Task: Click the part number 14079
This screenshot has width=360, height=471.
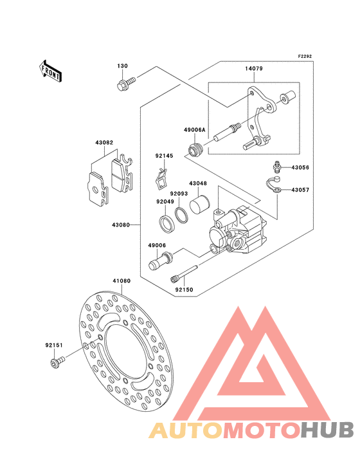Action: [x=254, y=68]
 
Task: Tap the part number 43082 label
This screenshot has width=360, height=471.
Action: [x=104, y=142]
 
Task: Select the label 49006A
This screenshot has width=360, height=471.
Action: [x=195, y=130]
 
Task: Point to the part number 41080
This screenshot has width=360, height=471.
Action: [x=122, y=281]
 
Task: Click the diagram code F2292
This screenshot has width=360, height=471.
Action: [x=305, y=56]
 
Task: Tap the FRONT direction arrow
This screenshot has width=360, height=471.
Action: [x=50, y=71]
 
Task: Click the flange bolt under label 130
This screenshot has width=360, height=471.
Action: [x=126, y=84]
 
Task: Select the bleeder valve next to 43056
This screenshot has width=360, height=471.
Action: [x=276, y=167]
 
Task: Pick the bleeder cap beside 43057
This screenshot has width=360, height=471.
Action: [x=274, y=185]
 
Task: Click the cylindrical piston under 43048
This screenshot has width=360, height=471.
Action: [x=199, y=204]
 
